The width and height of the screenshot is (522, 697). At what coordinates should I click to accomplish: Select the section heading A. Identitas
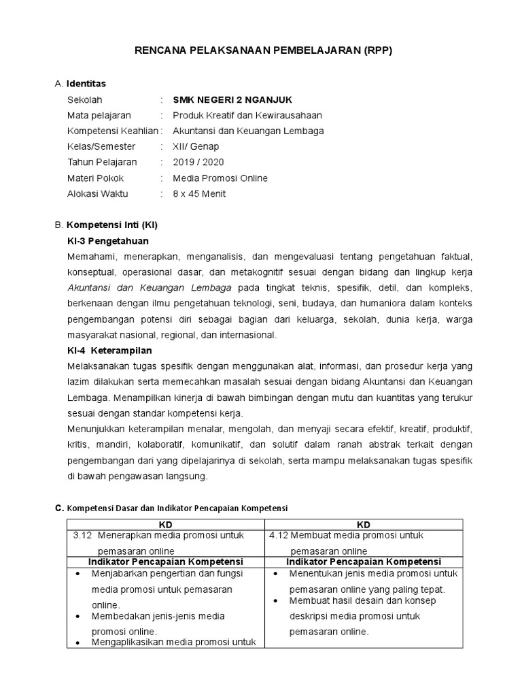[80, 84]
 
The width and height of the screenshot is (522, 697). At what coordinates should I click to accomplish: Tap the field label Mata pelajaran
[99, 115]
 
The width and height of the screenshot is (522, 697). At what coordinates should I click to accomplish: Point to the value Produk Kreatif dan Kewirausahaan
[247, 115]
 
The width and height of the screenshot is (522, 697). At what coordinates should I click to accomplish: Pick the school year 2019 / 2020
[198, 162]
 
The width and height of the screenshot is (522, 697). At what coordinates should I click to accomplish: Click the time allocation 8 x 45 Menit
[199, 193]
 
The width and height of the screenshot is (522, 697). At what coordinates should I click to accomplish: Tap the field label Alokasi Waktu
[98, 193]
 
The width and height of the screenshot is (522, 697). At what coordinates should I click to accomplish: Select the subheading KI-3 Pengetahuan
[108, 241]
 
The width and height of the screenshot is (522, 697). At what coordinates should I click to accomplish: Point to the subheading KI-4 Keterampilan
[109, 351]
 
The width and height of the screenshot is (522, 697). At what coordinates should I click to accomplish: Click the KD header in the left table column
[165, 525]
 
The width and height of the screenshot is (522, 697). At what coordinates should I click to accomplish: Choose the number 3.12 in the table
[82, 536]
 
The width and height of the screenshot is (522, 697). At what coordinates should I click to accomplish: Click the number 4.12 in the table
[278, 536]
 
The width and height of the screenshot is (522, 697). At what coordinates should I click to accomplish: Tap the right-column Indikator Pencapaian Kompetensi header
[364, 562]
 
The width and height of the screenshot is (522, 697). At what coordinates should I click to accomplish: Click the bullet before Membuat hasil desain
[276, 601]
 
